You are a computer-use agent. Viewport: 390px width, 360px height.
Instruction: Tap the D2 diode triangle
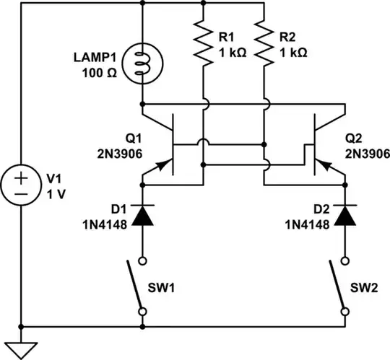click(346, 215)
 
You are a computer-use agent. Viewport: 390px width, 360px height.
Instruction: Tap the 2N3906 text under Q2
click(368, 153)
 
